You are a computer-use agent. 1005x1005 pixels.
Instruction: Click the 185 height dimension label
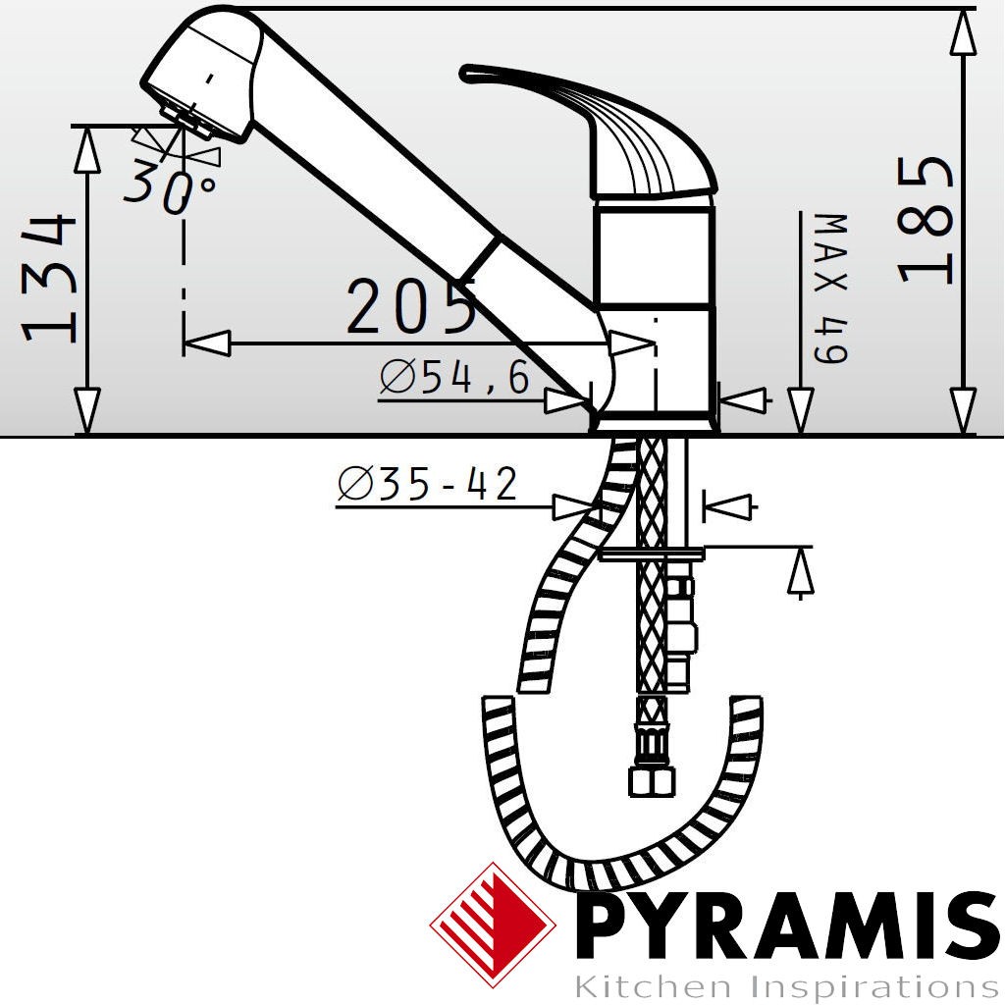tap(926, 220)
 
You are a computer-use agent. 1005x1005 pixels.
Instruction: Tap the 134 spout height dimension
tap(49, 279)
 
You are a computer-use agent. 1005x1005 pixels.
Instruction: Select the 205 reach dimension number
tap(411, 306)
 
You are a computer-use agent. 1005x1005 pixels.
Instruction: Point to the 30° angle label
tap(171, 185)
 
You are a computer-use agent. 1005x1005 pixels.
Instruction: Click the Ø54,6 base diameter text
tap(454, 377)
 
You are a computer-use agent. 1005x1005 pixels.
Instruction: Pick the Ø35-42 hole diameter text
tap(428, 483)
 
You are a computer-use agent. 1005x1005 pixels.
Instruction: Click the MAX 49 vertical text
tap(830, 289)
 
